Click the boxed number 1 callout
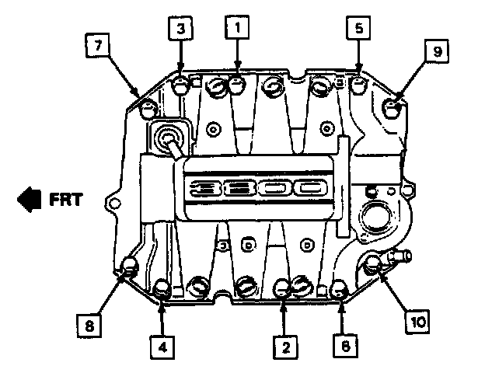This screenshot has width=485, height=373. (236, 28)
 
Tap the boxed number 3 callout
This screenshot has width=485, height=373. (180, 29)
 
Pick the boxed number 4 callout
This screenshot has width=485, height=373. (162, 347)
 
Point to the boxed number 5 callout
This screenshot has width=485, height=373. (358, 28)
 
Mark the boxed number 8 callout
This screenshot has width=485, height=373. (89, 324)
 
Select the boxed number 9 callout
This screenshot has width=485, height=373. (437, 51)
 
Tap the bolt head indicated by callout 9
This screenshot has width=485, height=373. (394, 108)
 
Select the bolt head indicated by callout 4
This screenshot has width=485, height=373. (162, 290)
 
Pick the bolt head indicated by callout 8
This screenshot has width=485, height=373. (130, 268)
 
